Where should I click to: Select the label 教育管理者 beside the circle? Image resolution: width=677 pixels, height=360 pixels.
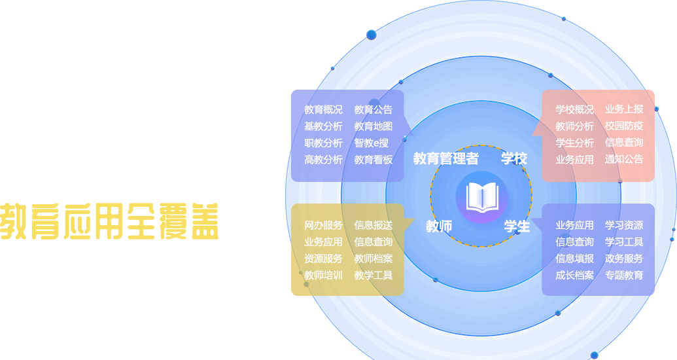click(x=446, y=158)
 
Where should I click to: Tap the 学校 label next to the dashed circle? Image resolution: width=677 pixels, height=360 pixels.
click(x=514, y=158)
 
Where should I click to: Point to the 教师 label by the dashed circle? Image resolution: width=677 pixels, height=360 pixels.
click(x=439, y=226)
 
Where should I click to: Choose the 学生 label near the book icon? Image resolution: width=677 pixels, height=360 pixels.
click(x=517, y=226)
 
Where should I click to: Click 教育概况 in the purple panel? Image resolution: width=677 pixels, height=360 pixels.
click(x=323, y=109)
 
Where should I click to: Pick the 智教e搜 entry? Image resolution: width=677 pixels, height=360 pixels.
click(x=372, y=143)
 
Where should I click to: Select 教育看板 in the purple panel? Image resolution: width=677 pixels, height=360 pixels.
click(x=373, y=159)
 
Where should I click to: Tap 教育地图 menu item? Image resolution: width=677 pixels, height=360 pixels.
click(x=373, y=126)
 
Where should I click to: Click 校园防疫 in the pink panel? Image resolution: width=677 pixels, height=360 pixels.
click(x=624, y=126)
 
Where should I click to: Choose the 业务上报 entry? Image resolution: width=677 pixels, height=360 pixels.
click(x=624, y=109)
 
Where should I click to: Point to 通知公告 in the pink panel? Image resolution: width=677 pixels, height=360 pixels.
click(x=624, y=159)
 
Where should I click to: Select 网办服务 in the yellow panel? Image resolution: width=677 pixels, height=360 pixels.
click(x=323, y=225)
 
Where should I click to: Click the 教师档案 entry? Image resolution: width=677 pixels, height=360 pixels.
click(x=373, y=259)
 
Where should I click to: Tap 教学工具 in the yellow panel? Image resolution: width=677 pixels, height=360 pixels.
click(x=373, y=276)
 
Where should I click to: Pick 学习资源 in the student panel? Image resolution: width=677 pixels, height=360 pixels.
click(x=624, y=225)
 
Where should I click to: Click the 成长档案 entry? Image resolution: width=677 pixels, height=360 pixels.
click(x=575, y=276)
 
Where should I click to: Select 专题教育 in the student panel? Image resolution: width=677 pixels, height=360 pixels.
click(x=624, y=276)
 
